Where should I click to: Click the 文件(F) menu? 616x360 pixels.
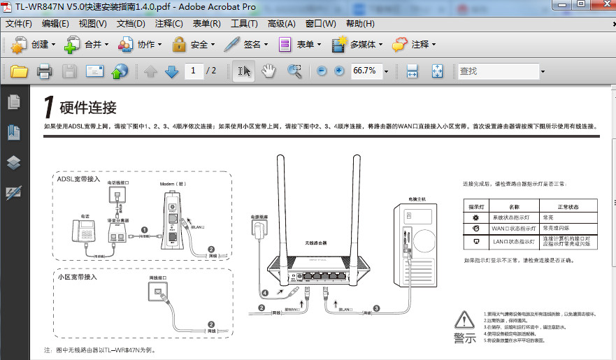(19, 24)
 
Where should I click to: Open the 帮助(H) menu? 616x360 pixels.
(361, 24)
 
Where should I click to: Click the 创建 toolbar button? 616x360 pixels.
(33, 45)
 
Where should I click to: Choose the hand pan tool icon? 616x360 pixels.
(269, 71)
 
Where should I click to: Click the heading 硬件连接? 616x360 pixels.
(87, 108)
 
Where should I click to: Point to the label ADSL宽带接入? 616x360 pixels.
(79, 179)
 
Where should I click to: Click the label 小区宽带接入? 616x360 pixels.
(78, 277)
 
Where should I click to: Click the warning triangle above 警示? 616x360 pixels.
(464, 320)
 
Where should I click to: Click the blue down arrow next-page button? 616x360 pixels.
(171, 71)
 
